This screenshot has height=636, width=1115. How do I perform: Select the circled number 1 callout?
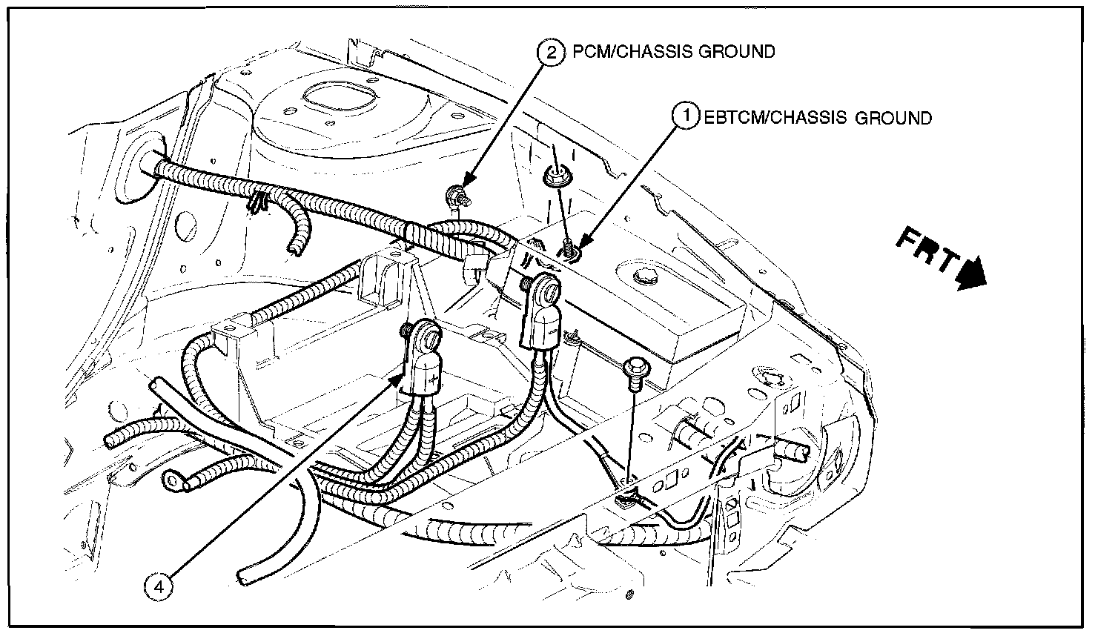coord(686,116)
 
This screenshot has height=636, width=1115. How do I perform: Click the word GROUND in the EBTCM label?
coord(893,118)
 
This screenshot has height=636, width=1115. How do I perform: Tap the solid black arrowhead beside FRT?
coord(972,274)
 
